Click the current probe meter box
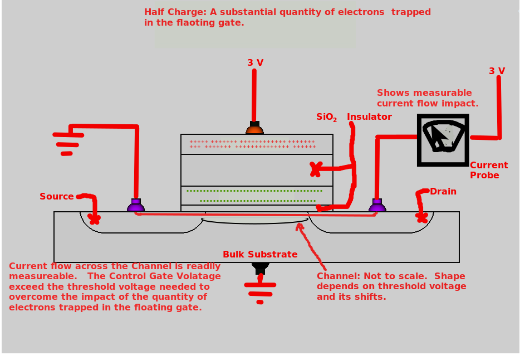(443, 140)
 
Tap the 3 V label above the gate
(256, 63)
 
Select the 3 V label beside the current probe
(497, 71)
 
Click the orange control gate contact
(254, 129)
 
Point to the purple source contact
(136, 206)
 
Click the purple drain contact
(377, 206)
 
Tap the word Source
(56, 197)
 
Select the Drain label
(443, 192)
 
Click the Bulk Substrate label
(260, 255)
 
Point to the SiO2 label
(326, 117)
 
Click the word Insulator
(369, 117)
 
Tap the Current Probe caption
(488, 171)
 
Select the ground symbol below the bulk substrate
(260, 293)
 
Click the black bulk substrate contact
(260, 267)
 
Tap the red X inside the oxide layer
(316, 169)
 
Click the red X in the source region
(94, 219)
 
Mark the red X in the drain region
(421, 216)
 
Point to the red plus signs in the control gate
(252, 144)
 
